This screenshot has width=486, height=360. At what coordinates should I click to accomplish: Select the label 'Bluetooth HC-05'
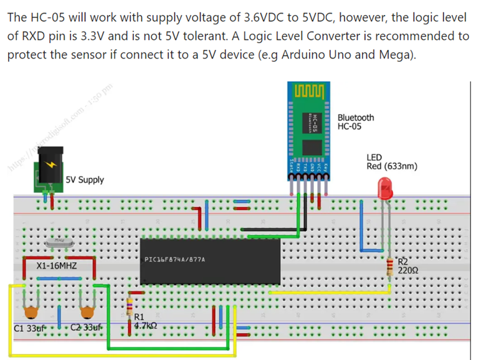356,121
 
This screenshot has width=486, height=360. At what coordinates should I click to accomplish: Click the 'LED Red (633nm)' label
391,162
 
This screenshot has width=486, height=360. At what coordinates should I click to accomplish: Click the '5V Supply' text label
85,180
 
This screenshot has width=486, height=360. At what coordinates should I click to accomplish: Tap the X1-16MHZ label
57,265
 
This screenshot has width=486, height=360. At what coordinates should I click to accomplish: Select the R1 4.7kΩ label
145,321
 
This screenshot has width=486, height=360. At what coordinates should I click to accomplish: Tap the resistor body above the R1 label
130,306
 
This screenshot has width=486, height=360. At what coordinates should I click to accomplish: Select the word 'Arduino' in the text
305,55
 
